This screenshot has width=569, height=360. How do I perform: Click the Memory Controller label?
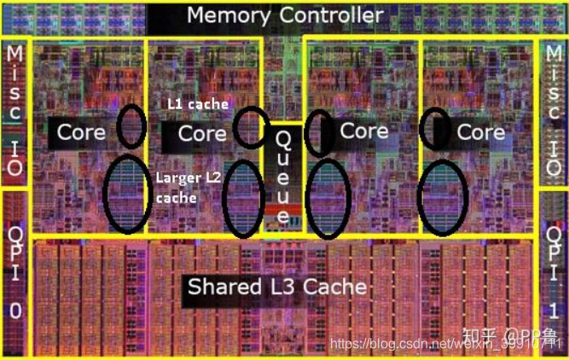tap(285, 15)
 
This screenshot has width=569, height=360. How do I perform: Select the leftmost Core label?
tap(81, 132)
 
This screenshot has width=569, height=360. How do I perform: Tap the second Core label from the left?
tap(202, 133)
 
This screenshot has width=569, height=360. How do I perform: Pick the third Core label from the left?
tap(364, 131)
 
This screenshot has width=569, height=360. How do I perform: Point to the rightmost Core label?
tap(481, 132)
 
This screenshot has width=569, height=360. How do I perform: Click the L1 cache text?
tap(198, 104)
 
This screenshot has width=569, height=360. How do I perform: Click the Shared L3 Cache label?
tap(277, 286)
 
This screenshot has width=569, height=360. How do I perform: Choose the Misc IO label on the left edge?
tap(15, 111)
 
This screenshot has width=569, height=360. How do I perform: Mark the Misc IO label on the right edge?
tap(554, 111)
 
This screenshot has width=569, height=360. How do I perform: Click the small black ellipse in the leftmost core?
tap(131, 125)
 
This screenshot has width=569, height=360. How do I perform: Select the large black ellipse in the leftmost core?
tap(126, 195)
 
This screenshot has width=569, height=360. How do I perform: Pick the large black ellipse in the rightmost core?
tap(444, 195)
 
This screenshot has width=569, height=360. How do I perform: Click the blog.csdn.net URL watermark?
tap(444, 343)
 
